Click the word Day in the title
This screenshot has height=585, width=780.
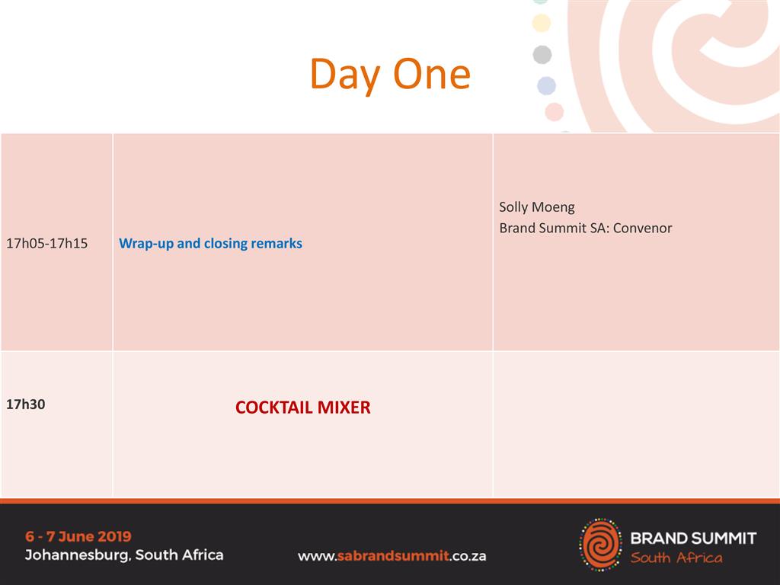(x=345, y=75)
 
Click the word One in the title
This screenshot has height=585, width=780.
(x=432, y=74)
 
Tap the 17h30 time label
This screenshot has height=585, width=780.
(x=25, y=404)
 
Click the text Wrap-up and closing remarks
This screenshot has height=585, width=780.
(x=210, y=243)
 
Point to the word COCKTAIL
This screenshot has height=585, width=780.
(x=274, y=408)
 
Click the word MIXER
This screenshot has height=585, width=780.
(x=344, y=408)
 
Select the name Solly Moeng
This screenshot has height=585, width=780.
(x=537, y=207)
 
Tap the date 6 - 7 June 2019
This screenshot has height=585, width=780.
(x=78, y=536)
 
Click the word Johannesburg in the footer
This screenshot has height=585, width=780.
(x=78, y=555)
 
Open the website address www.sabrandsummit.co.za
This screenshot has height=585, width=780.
(x=392, y=556)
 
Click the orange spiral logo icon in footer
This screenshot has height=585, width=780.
(x=600, y=544)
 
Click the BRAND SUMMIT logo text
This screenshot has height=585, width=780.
(x=693, y=538)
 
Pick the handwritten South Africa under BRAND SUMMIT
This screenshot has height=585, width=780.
(x=676, y=558)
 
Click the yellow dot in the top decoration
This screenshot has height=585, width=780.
(x=542, y=23)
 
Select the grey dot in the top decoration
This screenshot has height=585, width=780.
(x=542, y=55)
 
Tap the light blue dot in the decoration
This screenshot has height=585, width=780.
(x=546, y=85)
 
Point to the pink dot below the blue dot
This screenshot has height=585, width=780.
(x=555, y=112)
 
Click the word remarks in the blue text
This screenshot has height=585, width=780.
(x=277, y=243)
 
